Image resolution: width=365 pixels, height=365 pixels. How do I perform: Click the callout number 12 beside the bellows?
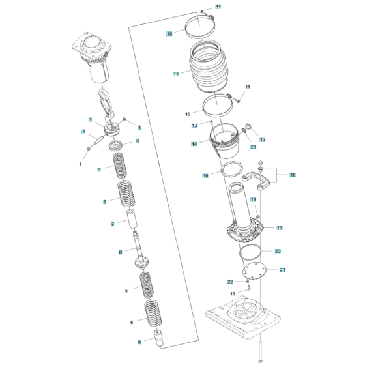(x=176, y=75)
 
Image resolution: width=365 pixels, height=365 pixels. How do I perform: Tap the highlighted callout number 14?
(x=194, y=143)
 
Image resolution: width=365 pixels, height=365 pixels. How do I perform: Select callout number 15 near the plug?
(x=263, y=139)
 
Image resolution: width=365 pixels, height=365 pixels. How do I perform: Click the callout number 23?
(x=254, y=147)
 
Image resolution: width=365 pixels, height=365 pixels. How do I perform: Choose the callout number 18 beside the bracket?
(x=293, y=175)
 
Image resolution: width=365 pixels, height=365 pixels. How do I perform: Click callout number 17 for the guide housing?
(x=279, y=227)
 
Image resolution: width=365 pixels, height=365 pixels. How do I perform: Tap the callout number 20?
(x=278, y=251)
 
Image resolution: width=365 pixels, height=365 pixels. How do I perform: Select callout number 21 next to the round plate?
(x=282, y=269)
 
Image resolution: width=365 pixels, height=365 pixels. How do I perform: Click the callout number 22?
(x=230, y=282)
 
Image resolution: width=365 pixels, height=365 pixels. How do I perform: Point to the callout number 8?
(x=120, y=252)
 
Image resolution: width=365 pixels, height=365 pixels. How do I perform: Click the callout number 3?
(x=91, y=119)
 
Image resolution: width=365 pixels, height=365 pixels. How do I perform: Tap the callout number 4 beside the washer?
(x=137, y=141)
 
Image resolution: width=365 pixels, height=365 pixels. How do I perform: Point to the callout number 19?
(x=254, y=199)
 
